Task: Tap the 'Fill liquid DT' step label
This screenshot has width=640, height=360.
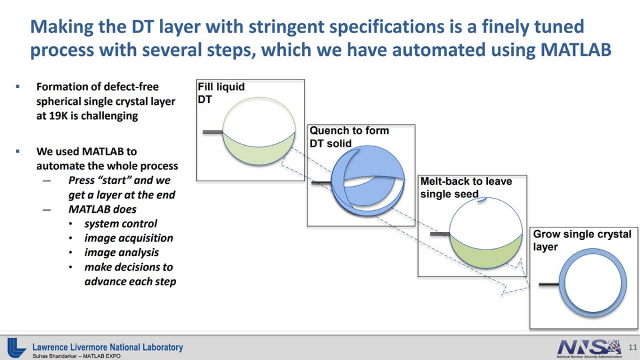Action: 221,93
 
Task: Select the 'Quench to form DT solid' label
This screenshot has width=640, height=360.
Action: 349,137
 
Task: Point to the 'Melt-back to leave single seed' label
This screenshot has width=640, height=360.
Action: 466,187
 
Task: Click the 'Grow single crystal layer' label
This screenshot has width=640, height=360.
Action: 582,241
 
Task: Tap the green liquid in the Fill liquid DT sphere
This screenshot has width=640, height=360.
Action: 259,150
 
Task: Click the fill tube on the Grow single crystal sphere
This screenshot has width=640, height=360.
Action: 549,284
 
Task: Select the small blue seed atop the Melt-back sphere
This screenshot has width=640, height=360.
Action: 482,201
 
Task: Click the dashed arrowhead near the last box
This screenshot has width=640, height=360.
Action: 515,289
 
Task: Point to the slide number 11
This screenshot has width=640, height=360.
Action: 633,347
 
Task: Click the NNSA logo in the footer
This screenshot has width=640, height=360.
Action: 589,348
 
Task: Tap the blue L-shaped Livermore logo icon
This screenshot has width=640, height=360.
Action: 17,347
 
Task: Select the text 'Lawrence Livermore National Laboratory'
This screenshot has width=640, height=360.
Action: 107,347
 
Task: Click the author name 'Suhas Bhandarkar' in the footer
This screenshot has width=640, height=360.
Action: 55,356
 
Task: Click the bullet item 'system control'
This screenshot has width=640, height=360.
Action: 121,223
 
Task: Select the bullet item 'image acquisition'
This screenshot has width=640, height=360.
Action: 129,238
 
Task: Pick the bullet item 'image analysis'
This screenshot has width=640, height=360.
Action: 122,253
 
